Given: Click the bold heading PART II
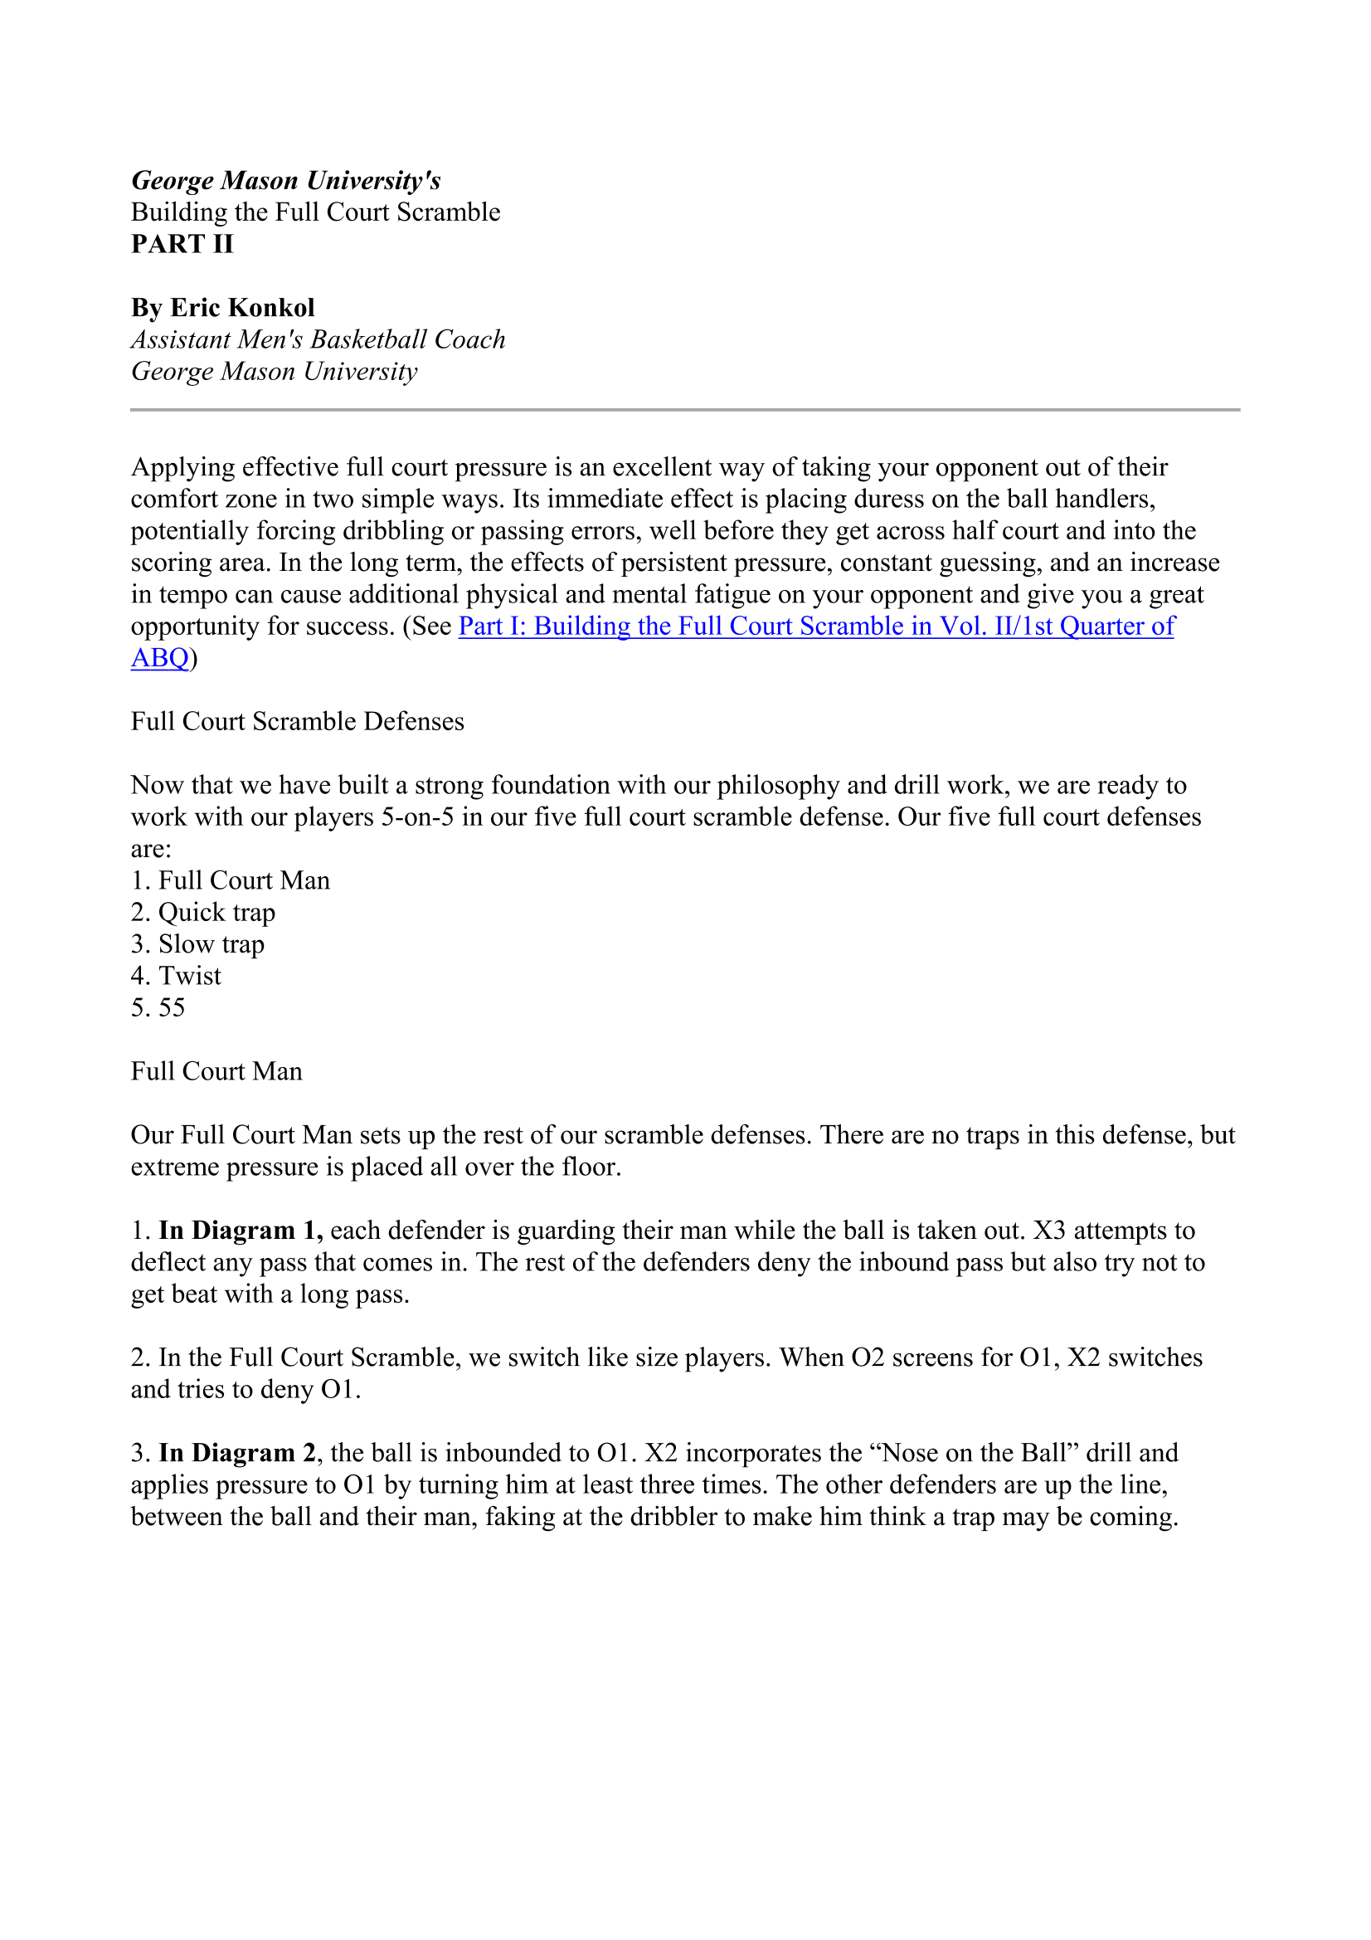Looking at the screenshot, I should pyautogui.click(x=182, y=244).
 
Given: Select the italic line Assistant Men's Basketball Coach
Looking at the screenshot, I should pyautogui.click(x=318, y=339).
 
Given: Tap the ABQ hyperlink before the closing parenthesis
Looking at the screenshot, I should pyautogui.click(x=159, y=657).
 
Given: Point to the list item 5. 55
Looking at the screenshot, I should pyautogui.click(x=158, y=1007).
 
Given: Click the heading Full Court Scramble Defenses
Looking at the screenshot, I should pyautogui.click(x=298, y=722).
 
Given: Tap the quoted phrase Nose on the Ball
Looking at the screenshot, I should pyautogui.click(x=979, y=1452).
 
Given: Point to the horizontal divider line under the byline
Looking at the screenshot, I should pyautogui.click(x=685, y=410).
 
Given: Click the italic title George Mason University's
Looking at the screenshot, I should pyautogui.click(x=285, y=181).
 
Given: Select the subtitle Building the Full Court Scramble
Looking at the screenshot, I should pyautogui.click(x=315, y=212).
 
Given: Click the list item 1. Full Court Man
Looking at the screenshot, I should pyautogui.click(x=230, y=880).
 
